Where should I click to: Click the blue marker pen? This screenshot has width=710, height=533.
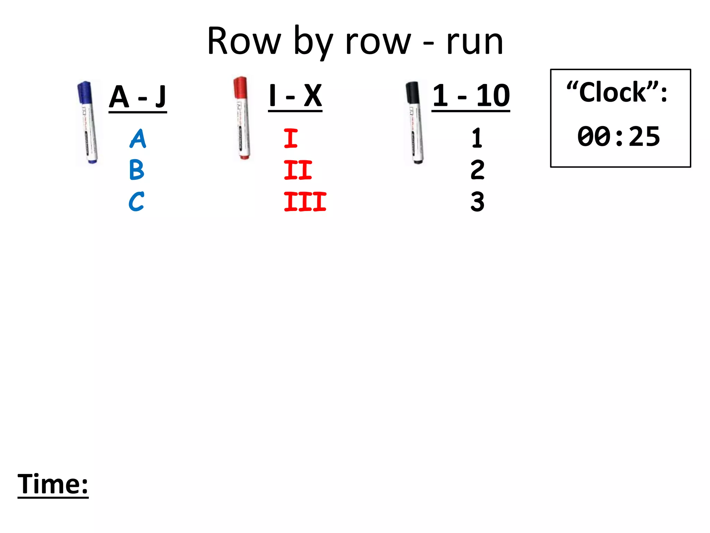pyautogui.click(x=87, y=122)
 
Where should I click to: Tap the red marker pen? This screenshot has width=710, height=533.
pyautogui.click(x=242, y=118)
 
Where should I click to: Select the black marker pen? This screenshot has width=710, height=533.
pyautogui.click(x=415, y=122)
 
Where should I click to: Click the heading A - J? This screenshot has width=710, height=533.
pyautogui.click(x=138, y=97)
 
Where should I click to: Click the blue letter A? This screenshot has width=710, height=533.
pyautogui.click(x=138, y=139)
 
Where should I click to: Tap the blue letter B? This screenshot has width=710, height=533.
pyautogui.click(x=137, y=170)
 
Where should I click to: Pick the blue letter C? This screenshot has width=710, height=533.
pyautogui.click(x=136, y=202)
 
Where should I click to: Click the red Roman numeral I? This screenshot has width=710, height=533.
pyautogui.click(x=291, y=138)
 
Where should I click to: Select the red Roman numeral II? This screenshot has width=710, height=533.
pyautogui.click(x=298, y=170)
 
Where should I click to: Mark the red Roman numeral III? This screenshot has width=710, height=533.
pyautogui.click(x=305, y=202)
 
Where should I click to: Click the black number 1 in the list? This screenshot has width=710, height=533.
pyautogui.click(x=477, y=138)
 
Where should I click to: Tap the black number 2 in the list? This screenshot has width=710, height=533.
pyautogui.click(x=477, y=170)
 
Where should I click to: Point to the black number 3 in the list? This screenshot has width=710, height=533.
pyautogui.click(x=477, y=202)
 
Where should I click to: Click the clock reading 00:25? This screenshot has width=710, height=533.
pyautogui.click(x=619, y=137)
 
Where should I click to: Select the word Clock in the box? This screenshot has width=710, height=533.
pyautogui.click(x=613, y=93)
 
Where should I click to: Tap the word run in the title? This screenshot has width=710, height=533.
pyautogui.click(x=475, y=42)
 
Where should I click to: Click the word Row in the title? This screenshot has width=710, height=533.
pyautogui.click(x=244, y=42)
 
